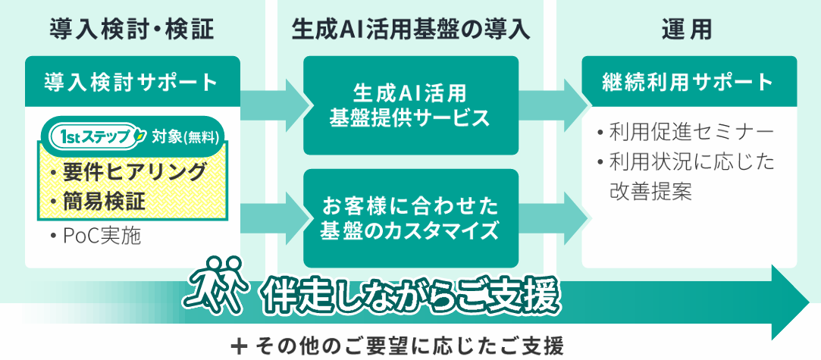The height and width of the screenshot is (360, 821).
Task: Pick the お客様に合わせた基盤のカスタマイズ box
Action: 410,218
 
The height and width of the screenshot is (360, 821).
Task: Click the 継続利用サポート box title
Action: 688,81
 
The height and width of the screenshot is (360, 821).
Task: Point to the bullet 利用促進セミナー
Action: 685,133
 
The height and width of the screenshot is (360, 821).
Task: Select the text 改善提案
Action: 651,192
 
